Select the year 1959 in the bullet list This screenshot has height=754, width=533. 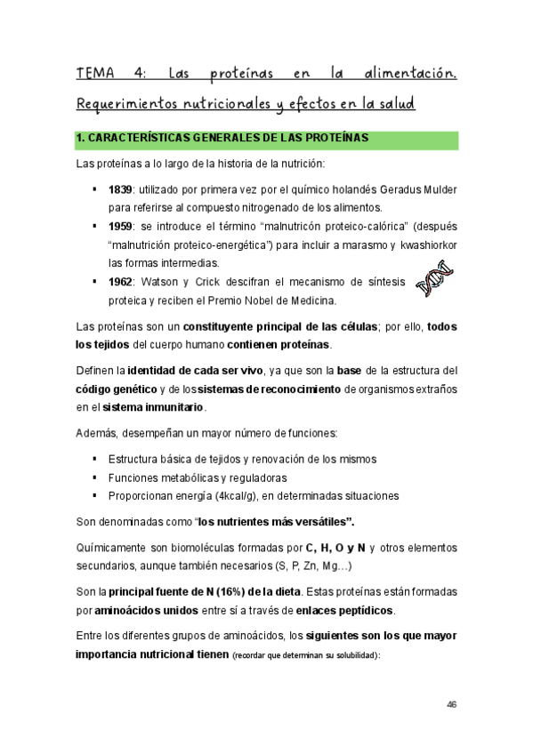120,226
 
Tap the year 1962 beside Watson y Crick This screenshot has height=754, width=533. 120,281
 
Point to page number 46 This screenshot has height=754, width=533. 452,705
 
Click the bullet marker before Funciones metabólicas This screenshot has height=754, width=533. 94,477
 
